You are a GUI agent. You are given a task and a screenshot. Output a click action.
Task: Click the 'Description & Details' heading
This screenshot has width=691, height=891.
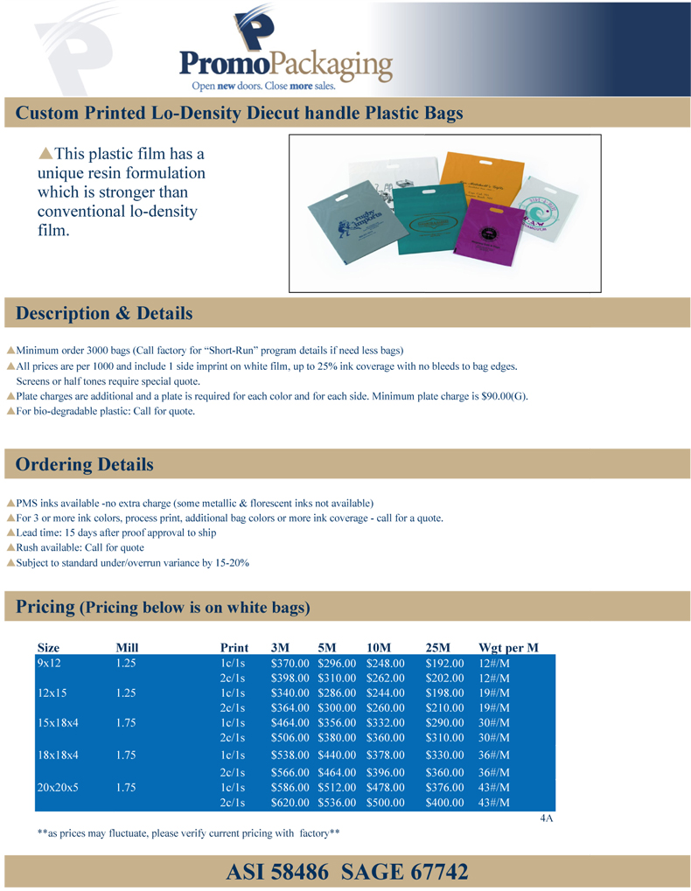pyautogui.click(x=104, y=313)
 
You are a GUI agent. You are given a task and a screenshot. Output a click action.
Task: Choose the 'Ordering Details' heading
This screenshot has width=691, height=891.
pyautogui.click(x=85, y=464)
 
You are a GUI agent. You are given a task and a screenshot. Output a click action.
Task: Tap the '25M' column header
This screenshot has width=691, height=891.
pyautogui.click(x=436, y=648)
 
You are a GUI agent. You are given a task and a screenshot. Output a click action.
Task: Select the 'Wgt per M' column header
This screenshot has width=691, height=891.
pyautogui.click(x=508, y=648)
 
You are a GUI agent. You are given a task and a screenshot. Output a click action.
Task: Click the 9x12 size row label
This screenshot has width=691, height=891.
pyautogui.click(x=48, y=664)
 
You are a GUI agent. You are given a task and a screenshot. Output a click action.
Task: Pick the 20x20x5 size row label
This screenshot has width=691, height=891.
pyautogui.click(x=58, y=787)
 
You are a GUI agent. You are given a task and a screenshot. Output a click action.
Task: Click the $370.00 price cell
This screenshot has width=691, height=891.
pyautogui.click(x=290, y=664)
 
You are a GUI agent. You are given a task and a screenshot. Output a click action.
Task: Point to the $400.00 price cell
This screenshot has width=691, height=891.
pyautogui.click(x=444, y=802)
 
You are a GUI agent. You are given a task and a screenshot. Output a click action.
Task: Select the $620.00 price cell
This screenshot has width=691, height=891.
pyautogui.click(x=290, y=802)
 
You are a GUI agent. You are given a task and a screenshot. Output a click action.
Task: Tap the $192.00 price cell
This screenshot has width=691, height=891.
pyautogui.click(x=444, y=664)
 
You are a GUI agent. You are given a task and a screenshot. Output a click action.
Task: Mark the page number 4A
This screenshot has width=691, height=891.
pyautogui.click(x=547, y=819)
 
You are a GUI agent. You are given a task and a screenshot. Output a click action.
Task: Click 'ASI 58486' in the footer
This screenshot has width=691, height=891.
pyautogui.click(x=277, y=872)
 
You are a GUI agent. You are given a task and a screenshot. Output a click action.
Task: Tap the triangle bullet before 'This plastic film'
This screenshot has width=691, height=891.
pyautogui.click(x=46, y=153)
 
